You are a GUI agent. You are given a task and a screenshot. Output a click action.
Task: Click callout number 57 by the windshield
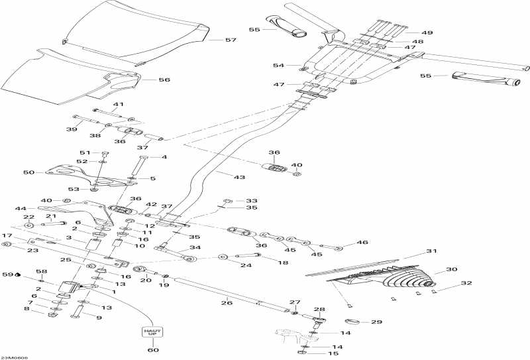[231, 40]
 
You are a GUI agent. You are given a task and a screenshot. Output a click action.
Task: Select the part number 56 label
[164, 80]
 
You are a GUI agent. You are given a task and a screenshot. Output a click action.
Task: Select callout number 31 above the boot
[432, 251]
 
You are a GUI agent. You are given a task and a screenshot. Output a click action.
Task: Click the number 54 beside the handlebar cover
[278, 66]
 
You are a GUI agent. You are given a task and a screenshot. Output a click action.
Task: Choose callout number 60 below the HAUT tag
[153, 350]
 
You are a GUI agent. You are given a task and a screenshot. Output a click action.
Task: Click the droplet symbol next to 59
[17, 274]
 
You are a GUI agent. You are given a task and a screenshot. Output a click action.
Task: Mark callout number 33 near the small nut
[251, 200]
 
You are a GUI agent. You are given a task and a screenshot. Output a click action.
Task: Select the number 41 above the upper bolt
[118, 104]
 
